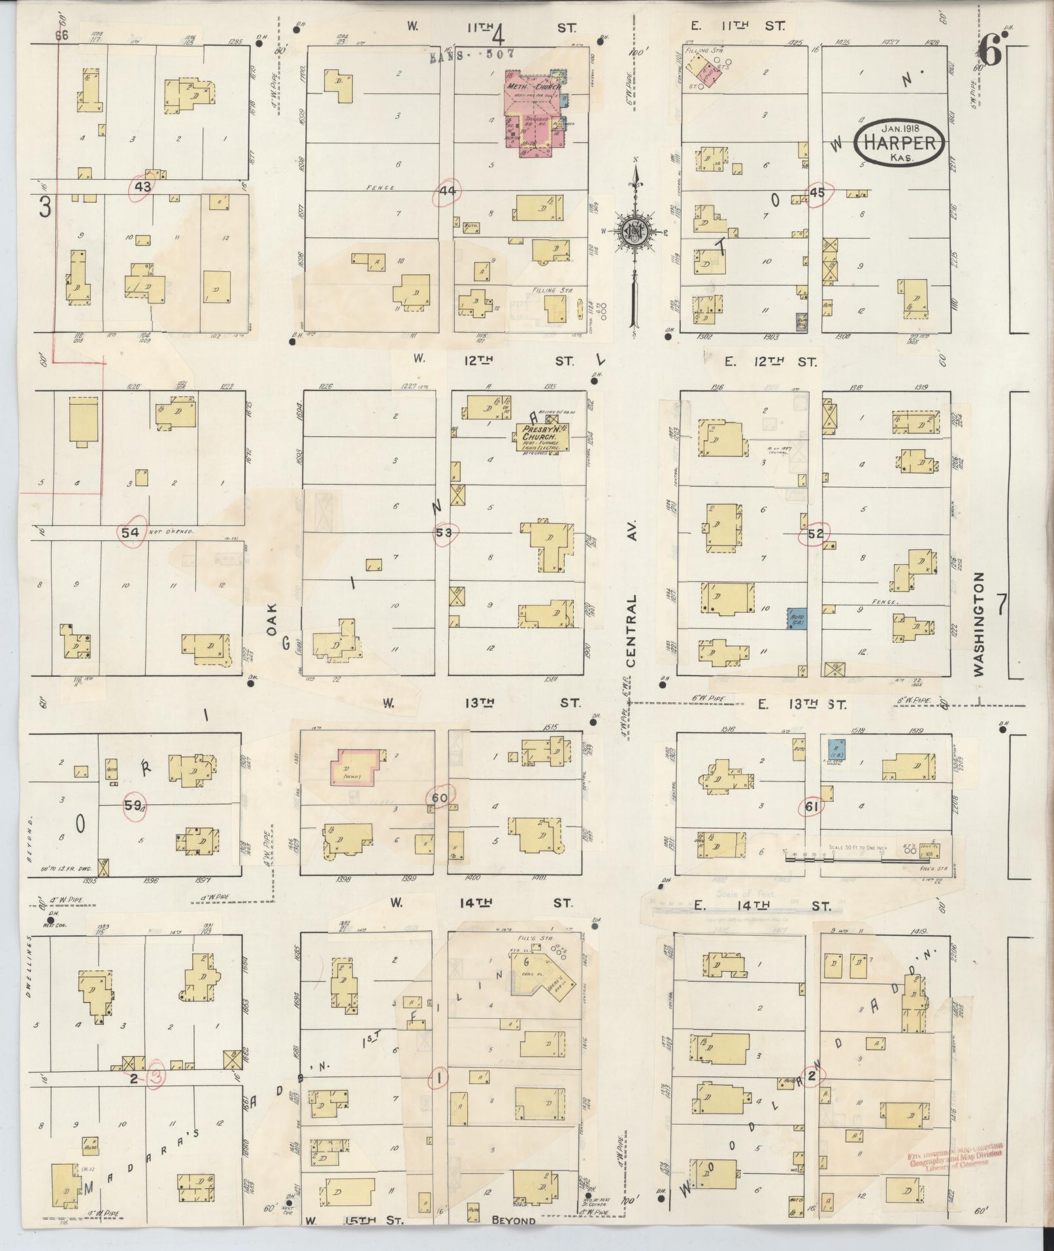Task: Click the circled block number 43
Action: tap(143, 186)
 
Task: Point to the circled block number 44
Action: tap(448, 190)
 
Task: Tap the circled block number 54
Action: tap(131, 532)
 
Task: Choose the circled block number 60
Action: tap(439, 798)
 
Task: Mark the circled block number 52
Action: tap(815, 534)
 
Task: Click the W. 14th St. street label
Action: tap(482, 903)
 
